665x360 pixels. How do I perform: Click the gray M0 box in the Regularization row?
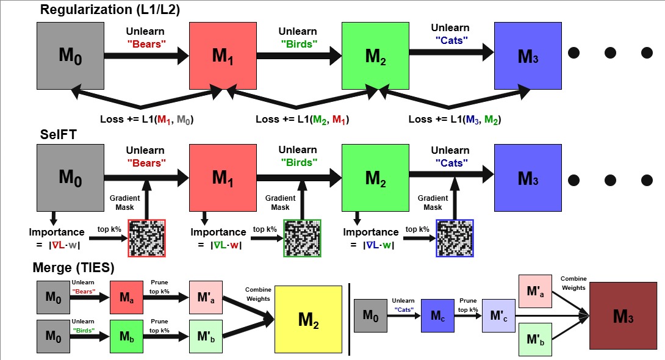click(x=70, y=56)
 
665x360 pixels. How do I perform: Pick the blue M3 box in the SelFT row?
click(x=528, y=179)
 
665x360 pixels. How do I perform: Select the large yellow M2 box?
click(x=307, y=319)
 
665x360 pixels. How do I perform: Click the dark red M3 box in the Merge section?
click(x=623, y=315)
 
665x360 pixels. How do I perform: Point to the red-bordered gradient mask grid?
click(x=146, y=237)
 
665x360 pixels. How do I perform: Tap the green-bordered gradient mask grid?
click(x=302, y=237)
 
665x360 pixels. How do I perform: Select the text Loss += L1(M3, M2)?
click(x=455, y=119)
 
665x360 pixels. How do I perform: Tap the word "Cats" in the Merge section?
click(x=403, y=309)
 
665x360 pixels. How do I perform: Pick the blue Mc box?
click(x=437, y=315)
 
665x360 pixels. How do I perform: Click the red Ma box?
click(x=126, y=298)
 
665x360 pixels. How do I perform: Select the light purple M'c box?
click(x=498, y=315)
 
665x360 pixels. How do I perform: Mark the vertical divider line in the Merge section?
click(x=349, y=319)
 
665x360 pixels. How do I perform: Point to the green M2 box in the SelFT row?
click(x=375, y=179)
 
